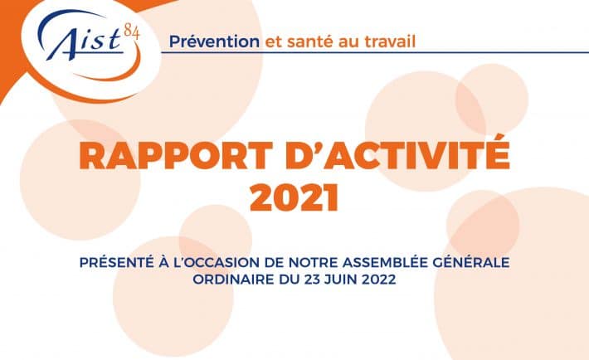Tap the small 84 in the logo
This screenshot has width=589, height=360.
[131, 32]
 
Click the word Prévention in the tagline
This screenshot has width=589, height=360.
[214, 41]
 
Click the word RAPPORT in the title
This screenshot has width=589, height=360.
[176, 156]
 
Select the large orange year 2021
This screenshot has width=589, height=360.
[294, 197]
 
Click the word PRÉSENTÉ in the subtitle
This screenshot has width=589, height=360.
[117, 262]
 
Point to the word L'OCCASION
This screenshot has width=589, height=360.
[216, 263]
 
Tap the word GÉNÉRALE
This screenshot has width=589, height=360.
[471, 262]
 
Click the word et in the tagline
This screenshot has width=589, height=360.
[274, 42]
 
